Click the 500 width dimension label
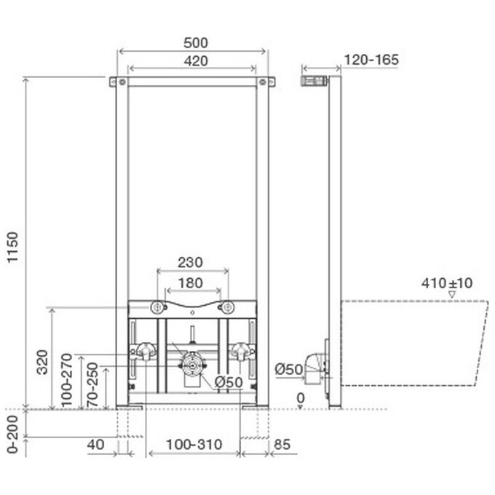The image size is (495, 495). click(196, 43)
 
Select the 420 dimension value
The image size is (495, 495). click(196, 61)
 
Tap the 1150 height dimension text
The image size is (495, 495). click(13, 247)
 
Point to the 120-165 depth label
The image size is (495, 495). click(371, 60)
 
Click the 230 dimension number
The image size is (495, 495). click(190, 262)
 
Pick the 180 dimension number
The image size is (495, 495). click(191, 283)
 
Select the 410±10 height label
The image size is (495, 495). click(447, 283)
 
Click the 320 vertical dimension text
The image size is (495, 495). click(42, 362)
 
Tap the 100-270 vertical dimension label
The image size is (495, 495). click(67, 380)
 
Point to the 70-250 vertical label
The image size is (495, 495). click(92, 384)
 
